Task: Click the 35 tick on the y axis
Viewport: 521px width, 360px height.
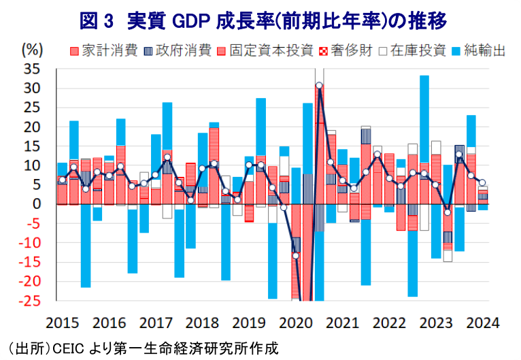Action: pos(32,69)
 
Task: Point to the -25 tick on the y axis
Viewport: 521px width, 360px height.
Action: pos(29,301)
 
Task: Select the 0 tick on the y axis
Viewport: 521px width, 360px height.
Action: pos(37,204)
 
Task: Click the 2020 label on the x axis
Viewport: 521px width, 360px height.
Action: pos(296,322)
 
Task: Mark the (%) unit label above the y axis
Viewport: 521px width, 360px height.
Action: pos(32,50)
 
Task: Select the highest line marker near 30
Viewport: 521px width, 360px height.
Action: pos(319,86)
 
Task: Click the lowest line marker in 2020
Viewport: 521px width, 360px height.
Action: pos(295,256)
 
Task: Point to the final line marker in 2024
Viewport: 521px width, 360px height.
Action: pos(482,182)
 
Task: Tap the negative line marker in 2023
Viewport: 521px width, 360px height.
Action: pos(448,212)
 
